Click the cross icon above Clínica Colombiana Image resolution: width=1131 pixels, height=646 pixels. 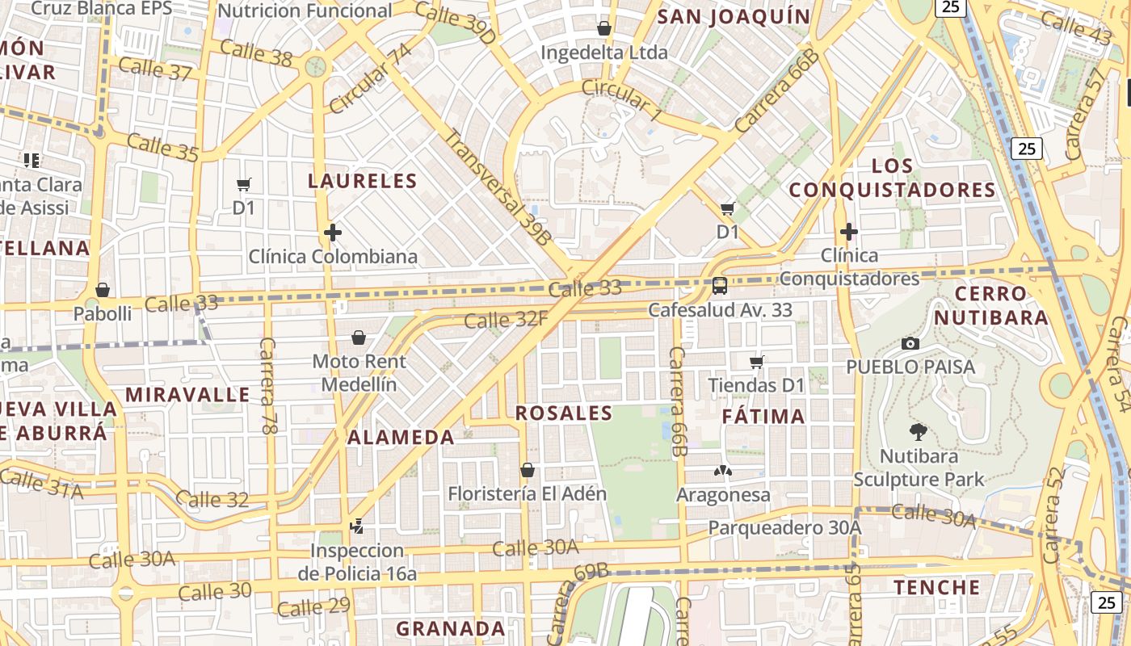(x=332, y=233)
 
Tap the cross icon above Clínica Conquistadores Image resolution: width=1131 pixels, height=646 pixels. (x=848, y=232)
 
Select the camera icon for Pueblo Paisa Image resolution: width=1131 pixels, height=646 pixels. (x=910, y=343)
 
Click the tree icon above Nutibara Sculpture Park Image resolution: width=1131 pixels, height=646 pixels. (x=918, y=431)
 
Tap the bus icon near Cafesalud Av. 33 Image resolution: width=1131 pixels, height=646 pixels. (x=719, y=285)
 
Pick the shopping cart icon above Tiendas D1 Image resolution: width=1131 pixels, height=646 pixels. (x=757, y=362)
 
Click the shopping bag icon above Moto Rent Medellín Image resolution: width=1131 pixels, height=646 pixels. (x=359, y=337)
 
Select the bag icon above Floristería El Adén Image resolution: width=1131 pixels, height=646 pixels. (x=528, y=469)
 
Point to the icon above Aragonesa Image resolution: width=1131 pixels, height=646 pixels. (x=723, y=470)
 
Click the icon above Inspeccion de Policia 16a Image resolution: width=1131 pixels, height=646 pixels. (x=356, y=526)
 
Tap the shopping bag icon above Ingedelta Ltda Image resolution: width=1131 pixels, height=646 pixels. (x=603, y=28)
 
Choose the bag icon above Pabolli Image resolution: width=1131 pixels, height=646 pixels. (x=103, y=289)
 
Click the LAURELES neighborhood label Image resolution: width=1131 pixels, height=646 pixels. (x=362, y=181)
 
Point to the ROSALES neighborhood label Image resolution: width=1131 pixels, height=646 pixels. (x=564, y=413)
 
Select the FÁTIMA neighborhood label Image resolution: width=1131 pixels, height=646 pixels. (x=763, y=417)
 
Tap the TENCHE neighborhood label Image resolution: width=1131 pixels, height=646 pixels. (x=936, y=587)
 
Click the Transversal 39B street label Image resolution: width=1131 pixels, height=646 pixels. (x=497, y=187)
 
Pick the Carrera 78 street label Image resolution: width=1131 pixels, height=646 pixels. (x=267, y=386)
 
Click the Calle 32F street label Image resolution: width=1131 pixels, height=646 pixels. (x=506, y=321)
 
